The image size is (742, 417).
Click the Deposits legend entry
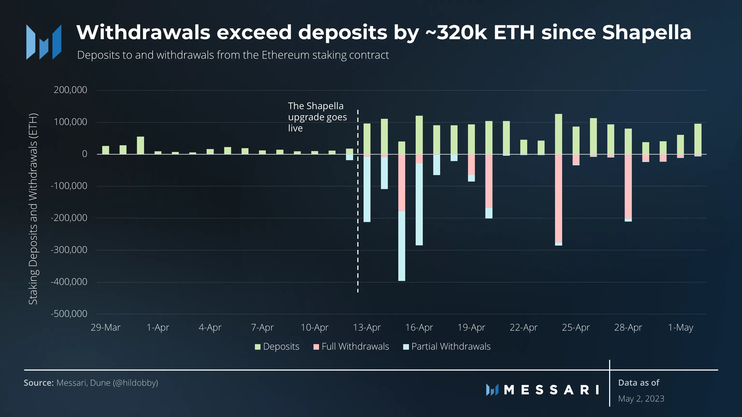(x=277, y=347)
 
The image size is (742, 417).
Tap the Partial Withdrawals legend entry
(x=447, y=347)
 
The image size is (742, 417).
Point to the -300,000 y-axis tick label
(x=69, y=250)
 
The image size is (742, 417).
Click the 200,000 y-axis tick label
(x=70, y=90)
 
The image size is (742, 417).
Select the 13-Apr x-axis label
(x=367, y=327)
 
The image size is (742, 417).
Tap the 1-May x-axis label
(x=680, y=327)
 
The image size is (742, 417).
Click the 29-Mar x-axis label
(x=105, y=327)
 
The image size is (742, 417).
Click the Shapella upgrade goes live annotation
(x=317, y=117)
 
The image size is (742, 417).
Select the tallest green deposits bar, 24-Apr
(x=558, y=134)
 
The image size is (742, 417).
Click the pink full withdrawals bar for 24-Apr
(x=558, y=199)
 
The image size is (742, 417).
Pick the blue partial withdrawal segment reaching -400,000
(x=401, y=246)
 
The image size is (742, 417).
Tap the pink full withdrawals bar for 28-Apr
(x=628, y=187)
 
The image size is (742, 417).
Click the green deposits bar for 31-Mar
(x=140, y=145)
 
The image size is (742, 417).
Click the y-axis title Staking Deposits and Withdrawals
(x=33, y=209)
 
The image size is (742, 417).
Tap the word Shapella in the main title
(x=646, y=32)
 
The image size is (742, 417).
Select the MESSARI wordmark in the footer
(x=551, y=390)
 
